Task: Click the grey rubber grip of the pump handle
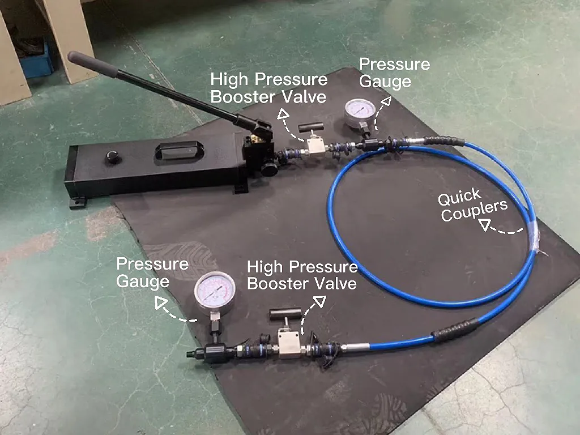pyautogui.click(x=92, y=64)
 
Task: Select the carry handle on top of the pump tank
pyautogui.click(x=178, y=150)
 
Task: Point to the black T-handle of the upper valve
pyautogui.click(x=310, y=129)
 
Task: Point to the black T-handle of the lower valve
pyautogui.click(x=285, y=314)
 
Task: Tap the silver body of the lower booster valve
pyautogui.click(x=289, y=343)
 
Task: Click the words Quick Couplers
pyautogui.click(x=472, y=204)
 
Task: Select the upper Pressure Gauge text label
pyautogui.click(x=394, y=72)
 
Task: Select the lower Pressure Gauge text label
pyautogui.click(x=152, y=272)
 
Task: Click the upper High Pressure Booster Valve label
pyautogui.click(x=269, y=88)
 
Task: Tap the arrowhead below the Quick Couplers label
pyautogui.click(x=485, y=224)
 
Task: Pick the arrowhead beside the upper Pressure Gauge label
pyautogui.click(x=386, y=102)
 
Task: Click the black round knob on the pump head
pyautogui.click(x=269, y=168)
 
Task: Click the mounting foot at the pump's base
pyautogui.click(x=78, y=203)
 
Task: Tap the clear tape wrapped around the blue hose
pyautogui.click(x=535, y=240)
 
